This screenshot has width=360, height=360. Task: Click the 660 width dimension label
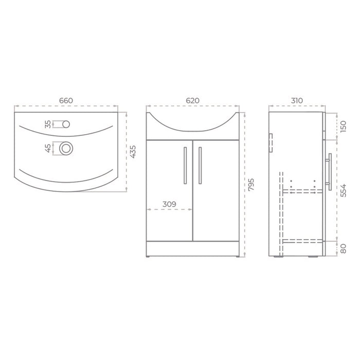[66, 101]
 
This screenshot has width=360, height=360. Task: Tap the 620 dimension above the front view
[193, 101]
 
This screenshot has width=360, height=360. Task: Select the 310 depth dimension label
[297, 101]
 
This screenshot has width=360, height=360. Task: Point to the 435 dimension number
[133, 152]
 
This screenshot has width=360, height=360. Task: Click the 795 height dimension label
[251, 184]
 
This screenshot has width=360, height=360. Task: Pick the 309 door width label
[169, 204]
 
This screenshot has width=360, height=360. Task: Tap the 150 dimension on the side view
[343, 127]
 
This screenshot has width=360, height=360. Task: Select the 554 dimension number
[343, 190]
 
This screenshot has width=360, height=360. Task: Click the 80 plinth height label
[343, 248]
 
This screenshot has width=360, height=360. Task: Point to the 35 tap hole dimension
[48, 124]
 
